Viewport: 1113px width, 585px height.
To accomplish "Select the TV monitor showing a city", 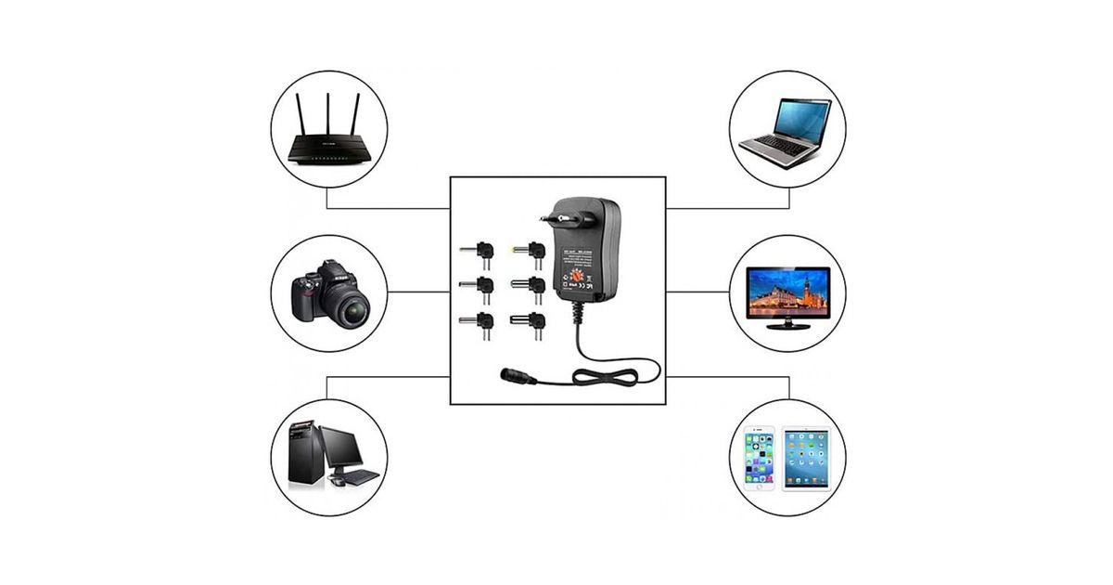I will pyautogui.click(x=787, y=291).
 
